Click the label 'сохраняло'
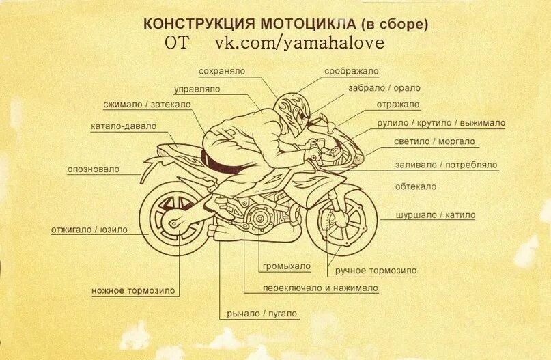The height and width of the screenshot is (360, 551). tap(221, 71)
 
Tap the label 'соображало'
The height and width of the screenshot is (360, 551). tap(352, 71)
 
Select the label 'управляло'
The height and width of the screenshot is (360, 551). tap(197, 89)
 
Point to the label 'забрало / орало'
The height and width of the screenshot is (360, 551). tap(384, 88)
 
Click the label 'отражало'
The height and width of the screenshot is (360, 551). tap(398, 105)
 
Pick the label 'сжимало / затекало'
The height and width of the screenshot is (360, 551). tap(147, 105)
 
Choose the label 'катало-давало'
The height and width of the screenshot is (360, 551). tap(124, 126)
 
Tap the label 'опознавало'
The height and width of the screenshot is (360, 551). tap(94, 169)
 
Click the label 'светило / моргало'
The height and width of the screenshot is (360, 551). tap(434, 141)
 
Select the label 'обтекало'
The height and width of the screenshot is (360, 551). tap(415, 186)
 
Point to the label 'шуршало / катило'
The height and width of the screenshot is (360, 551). tap(435, 215)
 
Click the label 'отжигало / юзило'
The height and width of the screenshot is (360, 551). tap(89, 230)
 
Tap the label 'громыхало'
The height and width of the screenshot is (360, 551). tap(285, 266)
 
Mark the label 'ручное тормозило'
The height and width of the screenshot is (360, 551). tap(376, 271)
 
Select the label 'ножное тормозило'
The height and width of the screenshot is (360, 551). tap(133, 291)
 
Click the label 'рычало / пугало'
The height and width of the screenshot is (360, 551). tap(263, 314)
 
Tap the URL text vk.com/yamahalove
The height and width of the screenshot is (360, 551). tap(300, 43)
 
